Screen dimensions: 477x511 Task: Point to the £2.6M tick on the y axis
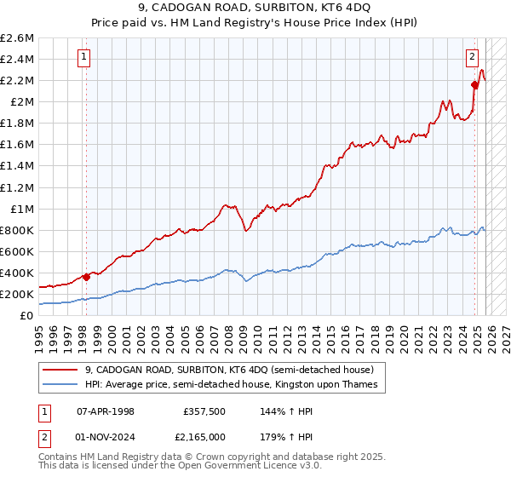pyautogui.click(x=17, y=38)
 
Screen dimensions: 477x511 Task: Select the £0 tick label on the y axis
pyautogui.click(x=27, y=315)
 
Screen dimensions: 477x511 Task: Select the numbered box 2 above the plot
pyautogui.click(x=471, y=58)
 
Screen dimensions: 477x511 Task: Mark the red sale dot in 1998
pyautogui.click(x=86, y=277)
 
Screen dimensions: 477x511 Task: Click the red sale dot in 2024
pyautogui.click(x=474, y=83)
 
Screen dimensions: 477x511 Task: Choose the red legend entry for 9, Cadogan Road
pyautogui.click(x=229, y=370)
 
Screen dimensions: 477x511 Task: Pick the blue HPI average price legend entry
pyautogui.click(x=236, y=385)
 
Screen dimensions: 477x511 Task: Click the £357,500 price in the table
pyautogui.click(x=204, y=411)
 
